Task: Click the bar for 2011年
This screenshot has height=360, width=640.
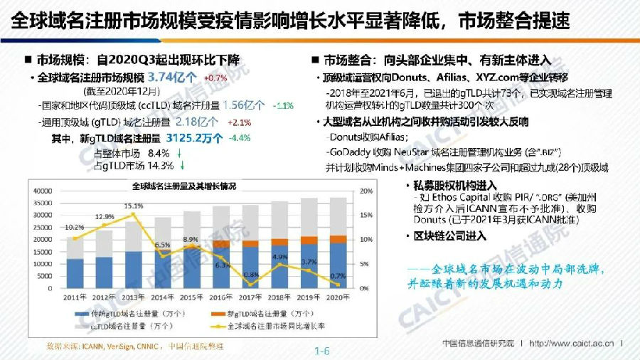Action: click(x=75, y=263)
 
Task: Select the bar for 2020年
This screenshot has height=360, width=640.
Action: click(x=340, y=242)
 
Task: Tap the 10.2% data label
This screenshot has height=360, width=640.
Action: click(x=75, y=228)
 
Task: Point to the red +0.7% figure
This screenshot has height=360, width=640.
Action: click(x=215, y=78)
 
